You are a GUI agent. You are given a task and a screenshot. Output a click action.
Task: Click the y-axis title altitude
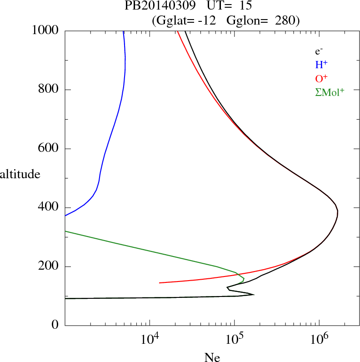coord(20,174)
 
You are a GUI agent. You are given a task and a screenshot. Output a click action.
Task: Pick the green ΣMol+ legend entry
coord(330,91)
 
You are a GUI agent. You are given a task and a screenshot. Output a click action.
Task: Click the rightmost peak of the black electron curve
coord(338,211)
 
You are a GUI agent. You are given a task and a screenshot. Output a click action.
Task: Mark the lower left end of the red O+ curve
coord(160,282)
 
